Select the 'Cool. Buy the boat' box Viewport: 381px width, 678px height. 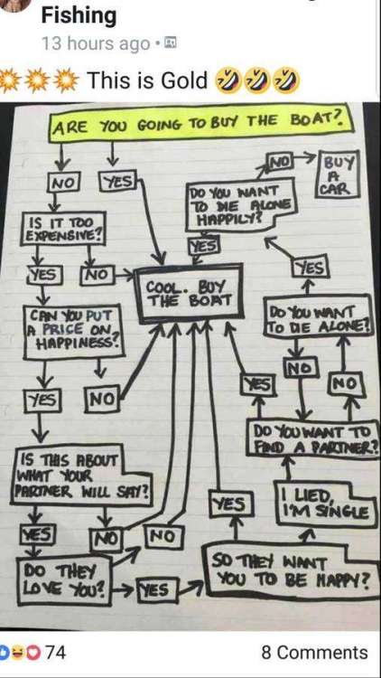pos(189,294)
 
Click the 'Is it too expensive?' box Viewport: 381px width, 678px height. pos(63,228)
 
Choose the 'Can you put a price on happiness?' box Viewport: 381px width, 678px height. pos(74,331)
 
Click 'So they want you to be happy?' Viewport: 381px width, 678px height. pos(292,570)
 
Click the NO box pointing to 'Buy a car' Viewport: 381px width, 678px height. pos(281,163)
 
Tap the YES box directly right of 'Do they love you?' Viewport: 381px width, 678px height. pos(156,589)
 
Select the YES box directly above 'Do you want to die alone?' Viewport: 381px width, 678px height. pos(311,268)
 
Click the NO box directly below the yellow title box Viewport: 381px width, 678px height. pos(63,182)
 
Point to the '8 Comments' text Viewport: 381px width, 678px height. pos(314,653)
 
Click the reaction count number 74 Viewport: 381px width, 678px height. pos(56,652)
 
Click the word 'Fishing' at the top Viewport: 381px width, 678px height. pos(79,15)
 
